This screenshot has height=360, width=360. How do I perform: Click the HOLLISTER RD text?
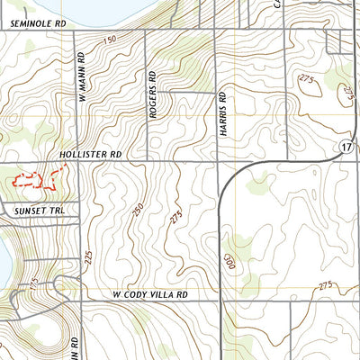[x=90, y=155]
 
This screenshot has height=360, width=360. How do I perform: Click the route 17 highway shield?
[x=346, y=146]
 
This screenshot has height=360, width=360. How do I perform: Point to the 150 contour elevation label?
[x=110, y=40]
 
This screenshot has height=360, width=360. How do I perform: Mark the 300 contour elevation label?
[x=229, y=261]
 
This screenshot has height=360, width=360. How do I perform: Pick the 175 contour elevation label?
[x=33, y=282]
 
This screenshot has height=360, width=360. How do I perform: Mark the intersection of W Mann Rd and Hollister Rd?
[x=76, y=163]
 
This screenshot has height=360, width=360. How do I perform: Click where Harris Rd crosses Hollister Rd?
[x=219, y=163]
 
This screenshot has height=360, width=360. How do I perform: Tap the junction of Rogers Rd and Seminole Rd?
[x=148, y=30]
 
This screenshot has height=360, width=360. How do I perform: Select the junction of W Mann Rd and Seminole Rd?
[x=76, y=30]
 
